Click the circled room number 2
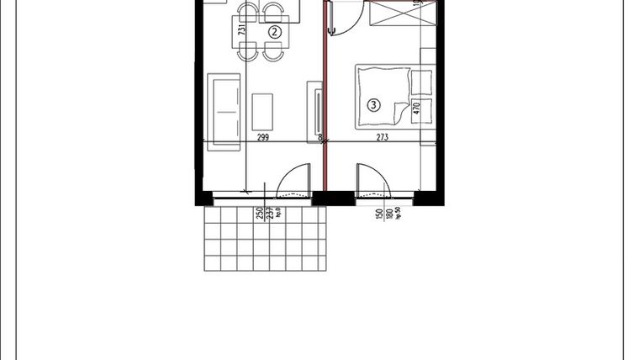pos(274,32)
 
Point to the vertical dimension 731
pos(242,29)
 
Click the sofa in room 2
pos(223,110)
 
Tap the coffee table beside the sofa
pos(263,112)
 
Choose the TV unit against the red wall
pos(317,111)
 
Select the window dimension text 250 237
pos(264,215)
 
